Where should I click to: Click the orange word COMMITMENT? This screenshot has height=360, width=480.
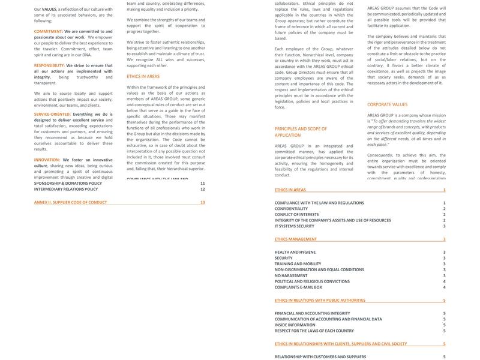pos(48,31)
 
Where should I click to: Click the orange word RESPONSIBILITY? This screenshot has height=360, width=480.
pos(49,65)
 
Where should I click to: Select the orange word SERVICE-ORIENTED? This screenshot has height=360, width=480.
pos(52,113)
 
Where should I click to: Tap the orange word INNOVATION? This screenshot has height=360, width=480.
pos(47,160)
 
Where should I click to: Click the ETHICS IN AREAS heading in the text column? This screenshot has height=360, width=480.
pos(143,77)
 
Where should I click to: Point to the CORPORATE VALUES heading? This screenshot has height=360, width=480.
pos(387,104)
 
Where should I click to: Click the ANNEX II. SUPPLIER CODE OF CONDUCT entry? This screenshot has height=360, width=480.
pos(70,202)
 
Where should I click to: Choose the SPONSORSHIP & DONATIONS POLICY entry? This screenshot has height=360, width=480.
pos(68,183)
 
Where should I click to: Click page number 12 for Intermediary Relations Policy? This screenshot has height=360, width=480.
pos(202,189)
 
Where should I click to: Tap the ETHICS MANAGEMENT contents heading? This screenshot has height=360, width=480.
pos(296,239)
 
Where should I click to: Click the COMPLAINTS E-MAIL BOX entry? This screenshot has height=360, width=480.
pos(298,287)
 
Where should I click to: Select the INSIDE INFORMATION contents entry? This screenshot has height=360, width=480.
pos(295,325)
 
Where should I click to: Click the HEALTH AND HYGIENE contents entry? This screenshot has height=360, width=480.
pos(295,253)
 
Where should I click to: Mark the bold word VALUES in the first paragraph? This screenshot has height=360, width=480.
pos(49,10)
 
